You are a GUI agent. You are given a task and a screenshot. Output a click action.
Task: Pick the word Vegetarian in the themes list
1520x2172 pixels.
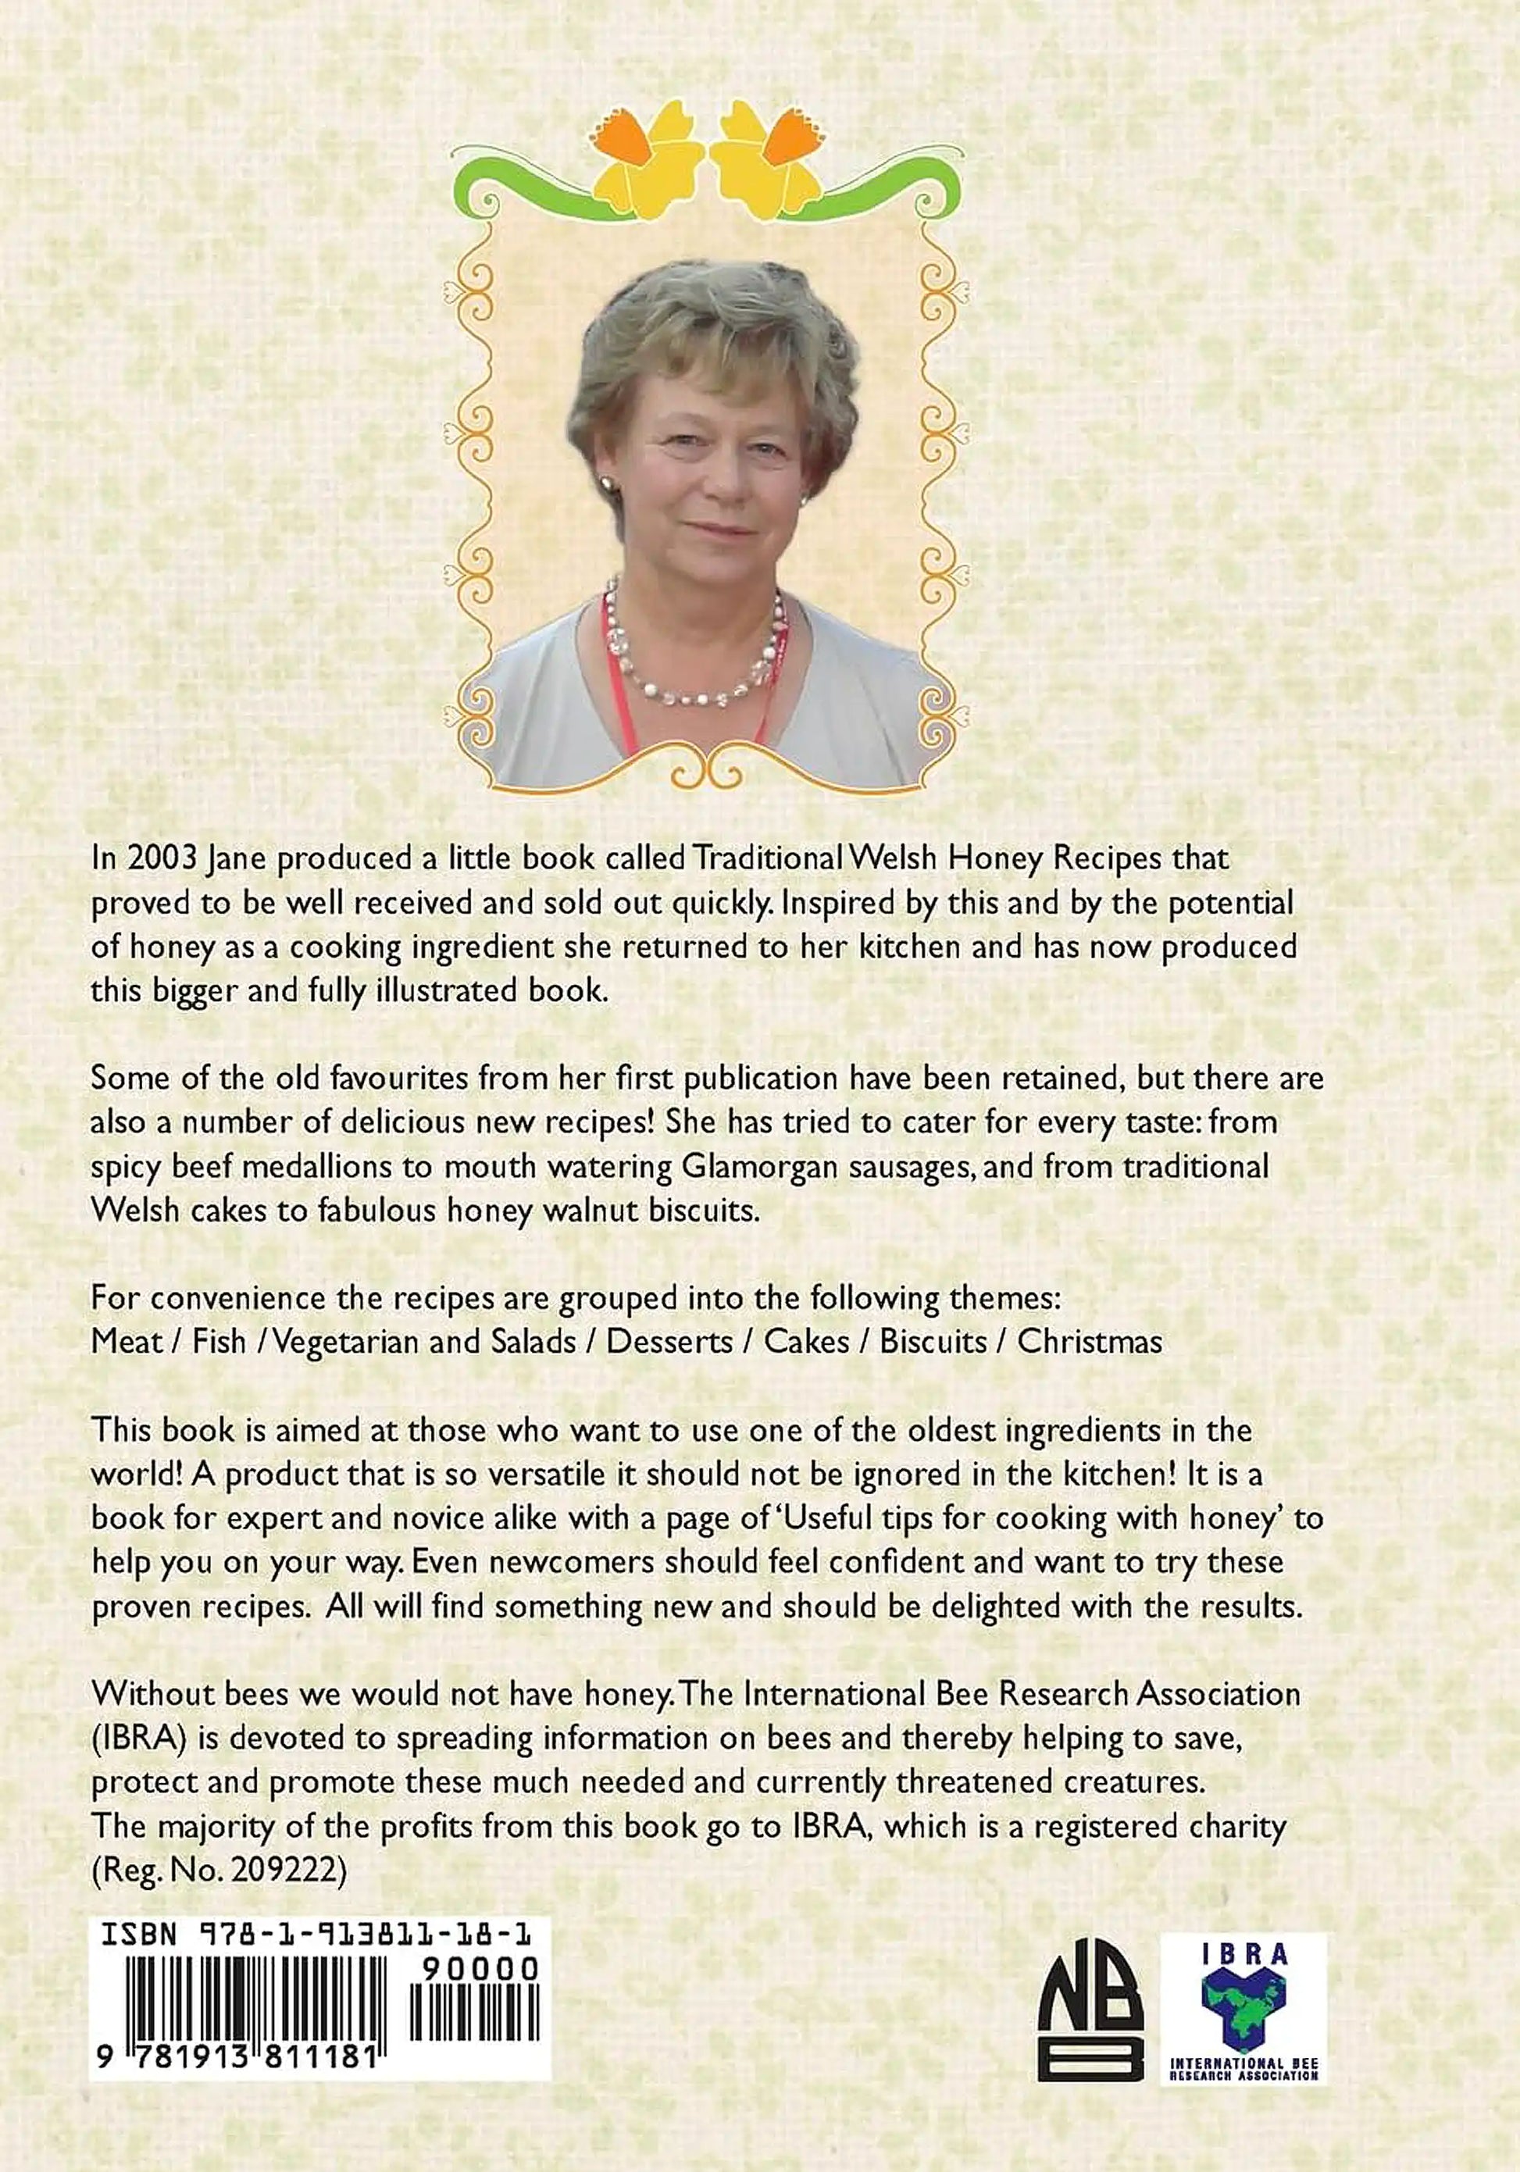click(x=345, y=1342)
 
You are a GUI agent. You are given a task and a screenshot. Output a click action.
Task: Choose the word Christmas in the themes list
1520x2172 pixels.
click(x=1089, y=1342)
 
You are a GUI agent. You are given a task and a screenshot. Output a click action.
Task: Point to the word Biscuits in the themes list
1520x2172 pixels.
click(x=933, y=1342)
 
